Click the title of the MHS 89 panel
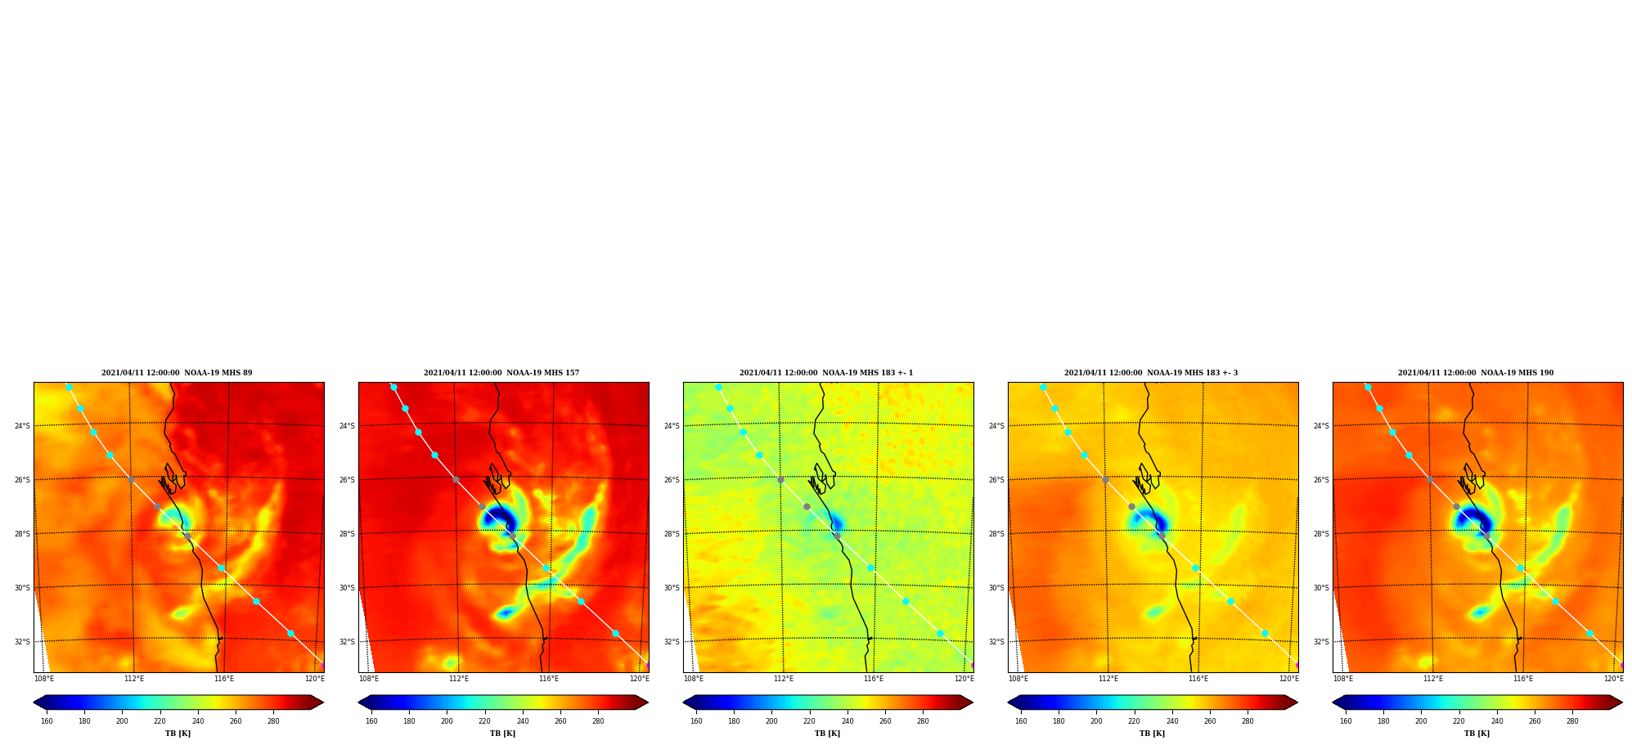pos(177,373)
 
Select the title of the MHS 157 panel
pos(501,373)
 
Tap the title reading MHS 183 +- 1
pos(826,373)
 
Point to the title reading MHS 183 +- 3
pos(1151,373)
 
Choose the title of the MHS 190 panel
pos(1476,373)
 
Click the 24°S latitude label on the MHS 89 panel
pos(22,426)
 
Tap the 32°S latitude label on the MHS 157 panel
pos(347,642)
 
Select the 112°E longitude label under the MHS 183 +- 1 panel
pos(784,679)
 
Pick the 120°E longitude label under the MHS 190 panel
pos(1614,679)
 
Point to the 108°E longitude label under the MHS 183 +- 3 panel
pos(1018,679)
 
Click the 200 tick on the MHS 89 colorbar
pos(122,721)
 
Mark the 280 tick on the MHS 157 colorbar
pos(598,721)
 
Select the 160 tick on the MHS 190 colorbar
pos(1346,721)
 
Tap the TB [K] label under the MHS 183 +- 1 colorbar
pos(827,734)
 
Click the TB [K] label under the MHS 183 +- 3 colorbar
pos(1152,734)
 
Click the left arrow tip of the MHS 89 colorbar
pos(34,702)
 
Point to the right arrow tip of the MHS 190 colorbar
pos(1623,702)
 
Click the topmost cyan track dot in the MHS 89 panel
pos(69,388)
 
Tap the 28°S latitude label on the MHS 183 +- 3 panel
pos(996,534)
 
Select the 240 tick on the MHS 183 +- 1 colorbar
pos(847,721)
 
